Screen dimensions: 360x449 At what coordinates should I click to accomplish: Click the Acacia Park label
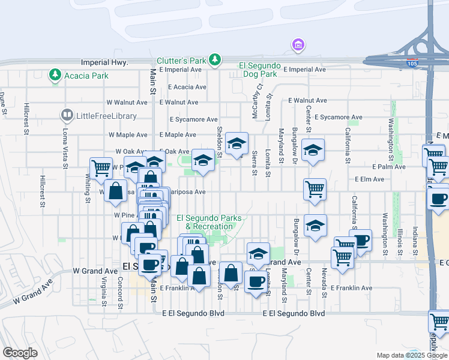click(88, 76)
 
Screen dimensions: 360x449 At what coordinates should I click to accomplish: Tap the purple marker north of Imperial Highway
click(297, 45)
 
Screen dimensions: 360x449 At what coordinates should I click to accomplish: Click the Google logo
click(20, 353)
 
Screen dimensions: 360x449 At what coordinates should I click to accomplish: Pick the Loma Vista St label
click(65, 148)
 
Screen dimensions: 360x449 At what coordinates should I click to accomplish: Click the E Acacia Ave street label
click(187, 86)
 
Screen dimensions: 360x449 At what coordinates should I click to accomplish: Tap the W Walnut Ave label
click(126, 103)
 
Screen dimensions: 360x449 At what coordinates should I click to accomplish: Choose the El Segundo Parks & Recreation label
click(205, 222)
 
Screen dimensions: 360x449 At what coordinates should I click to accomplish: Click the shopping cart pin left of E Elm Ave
click(315, 190)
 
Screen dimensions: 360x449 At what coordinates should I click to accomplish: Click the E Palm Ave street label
click(386, 166)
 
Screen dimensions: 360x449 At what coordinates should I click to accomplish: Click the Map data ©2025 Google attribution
click(411, 355)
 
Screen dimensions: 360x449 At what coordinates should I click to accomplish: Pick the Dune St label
click(3, 103)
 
